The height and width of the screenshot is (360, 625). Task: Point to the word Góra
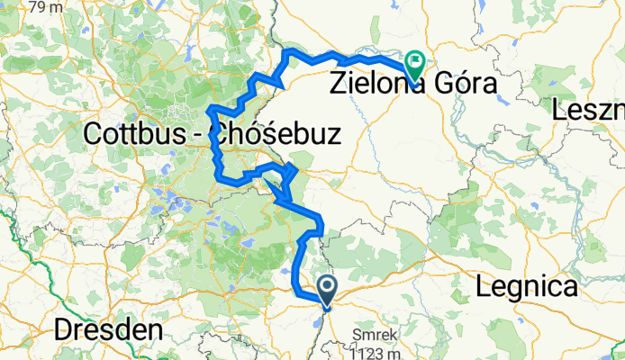[468, 86]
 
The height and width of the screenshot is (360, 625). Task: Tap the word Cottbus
[140, 136]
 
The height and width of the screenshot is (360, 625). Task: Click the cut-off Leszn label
[589, 112]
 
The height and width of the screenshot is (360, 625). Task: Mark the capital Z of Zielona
[340, 86]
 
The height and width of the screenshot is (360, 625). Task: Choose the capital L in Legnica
[481, 288]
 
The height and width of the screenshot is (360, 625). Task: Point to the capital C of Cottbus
[92, 136]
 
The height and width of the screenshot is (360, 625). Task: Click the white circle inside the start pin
[327, 287]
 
